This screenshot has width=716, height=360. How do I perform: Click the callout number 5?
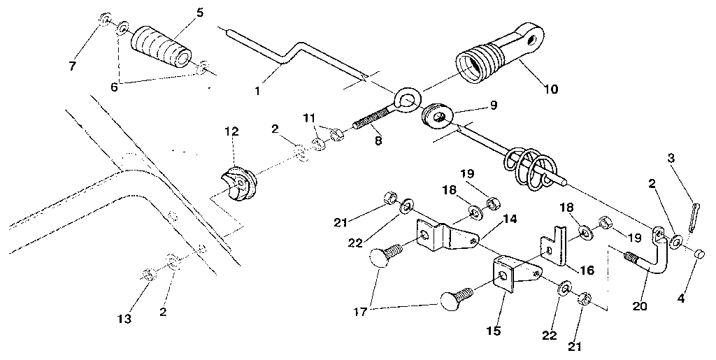[201, 12]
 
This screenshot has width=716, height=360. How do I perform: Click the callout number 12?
[231, 131]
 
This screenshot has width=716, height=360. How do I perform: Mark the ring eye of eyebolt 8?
[406, 99]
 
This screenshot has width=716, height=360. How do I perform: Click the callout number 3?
[672, 159]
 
